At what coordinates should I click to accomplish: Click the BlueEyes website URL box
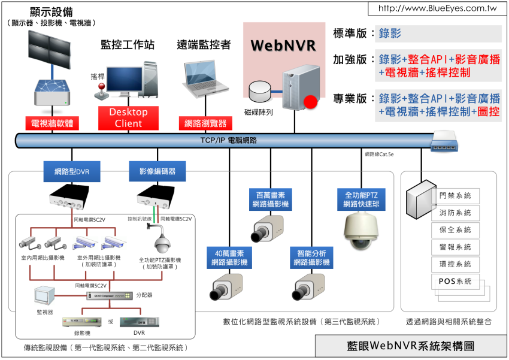[x=438, y=9]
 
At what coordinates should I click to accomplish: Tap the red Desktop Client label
[x=129, y=118]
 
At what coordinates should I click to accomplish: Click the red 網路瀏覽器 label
[x=205, y=123]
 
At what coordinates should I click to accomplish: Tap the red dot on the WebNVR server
[x=310, y=102]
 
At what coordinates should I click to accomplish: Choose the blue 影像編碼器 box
[x=157, y=171]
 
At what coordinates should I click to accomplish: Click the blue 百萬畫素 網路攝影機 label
[x=271, y=199]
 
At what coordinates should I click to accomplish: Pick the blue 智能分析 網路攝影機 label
[x=310, y=258]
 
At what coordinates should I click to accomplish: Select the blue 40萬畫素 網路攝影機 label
[x=229, y=258]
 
